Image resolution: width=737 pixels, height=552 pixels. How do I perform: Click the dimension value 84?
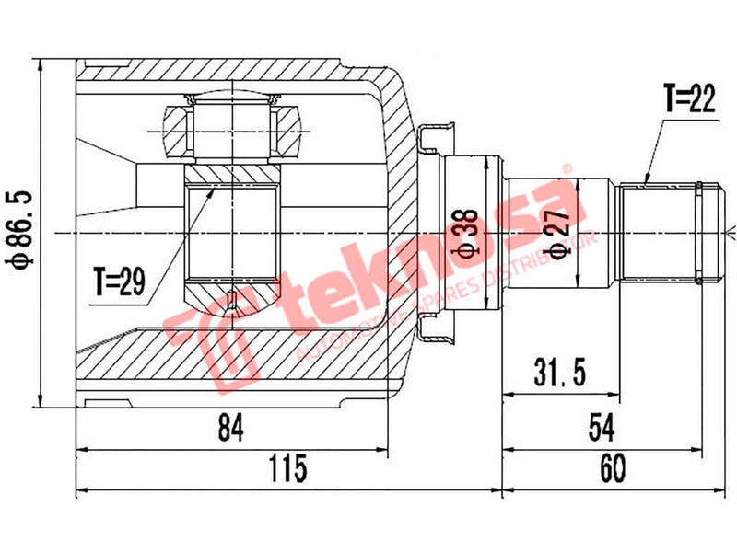click(x=229, y=429)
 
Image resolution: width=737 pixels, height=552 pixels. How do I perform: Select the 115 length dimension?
click(x=288, y=469)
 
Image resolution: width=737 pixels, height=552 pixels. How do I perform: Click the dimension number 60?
click(x=613, y=469)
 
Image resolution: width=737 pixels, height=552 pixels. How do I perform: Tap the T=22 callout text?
click(x=689, y=99)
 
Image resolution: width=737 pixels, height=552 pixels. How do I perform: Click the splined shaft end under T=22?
click(x=659, y=232)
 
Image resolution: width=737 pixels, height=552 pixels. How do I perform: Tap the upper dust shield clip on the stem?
click(x=433, y=138)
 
